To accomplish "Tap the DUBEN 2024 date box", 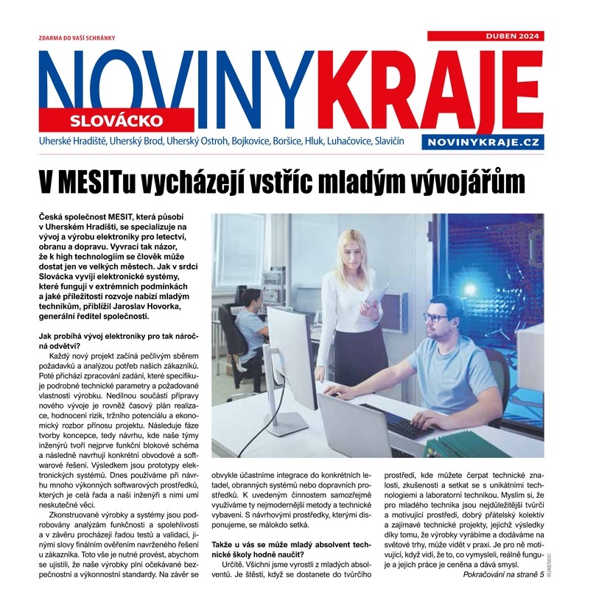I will (512, 35).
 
